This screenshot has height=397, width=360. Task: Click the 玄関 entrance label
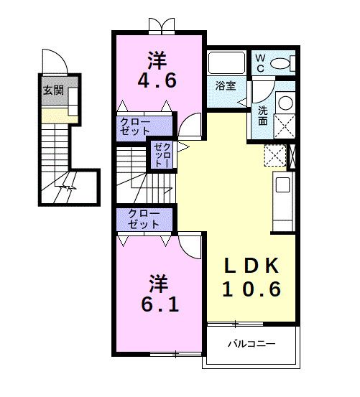[x=53, y=90]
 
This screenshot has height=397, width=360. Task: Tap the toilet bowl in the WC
[x=280, y=63]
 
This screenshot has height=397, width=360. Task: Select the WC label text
[x=260, y=63]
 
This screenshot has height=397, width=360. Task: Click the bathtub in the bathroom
[x=226, y=62]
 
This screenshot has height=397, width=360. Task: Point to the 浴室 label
[x=226, y=86]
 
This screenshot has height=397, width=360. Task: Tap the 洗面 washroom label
[x=263, y=116]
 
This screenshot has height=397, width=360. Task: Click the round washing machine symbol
[x=285, y=103]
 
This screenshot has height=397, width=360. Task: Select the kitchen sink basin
[x=282, y=185]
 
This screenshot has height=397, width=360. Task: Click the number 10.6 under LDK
[x=251, y=289]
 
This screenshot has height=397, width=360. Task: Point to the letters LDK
[x=251, y=266]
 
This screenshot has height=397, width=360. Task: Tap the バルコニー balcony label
[x=251, y=344]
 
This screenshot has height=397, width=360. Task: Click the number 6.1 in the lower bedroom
[x=160, y=304]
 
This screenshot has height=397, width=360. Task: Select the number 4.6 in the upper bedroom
[x=157, y=80]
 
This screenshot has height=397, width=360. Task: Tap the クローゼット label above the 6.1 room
[x=144, y=219]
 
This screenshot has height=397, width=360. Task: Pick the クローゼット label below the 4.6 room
[x=135, y=126]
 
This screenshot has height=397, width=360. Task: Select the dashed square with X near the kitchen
[x=275, y=155]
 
